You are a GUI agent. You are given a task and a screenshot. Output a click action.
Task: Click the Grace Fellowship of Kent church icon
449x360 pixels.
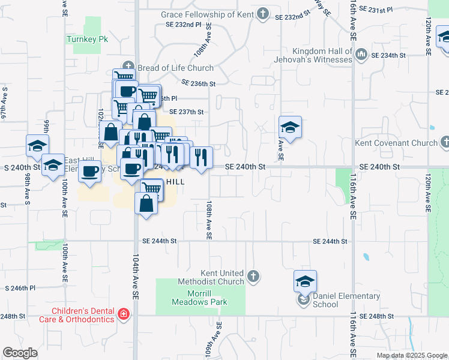point(263,14)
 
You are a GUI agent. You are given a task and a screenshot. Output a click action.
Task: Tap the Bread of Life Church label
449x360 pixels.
point(175,68)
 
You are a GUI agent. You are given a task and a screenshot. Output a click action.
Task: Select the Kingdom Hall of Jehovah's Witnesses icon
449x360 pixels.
point(361,55)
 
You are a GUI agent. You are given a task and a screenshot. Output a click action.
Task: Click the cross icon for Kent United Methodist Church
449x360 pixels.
point(253,277)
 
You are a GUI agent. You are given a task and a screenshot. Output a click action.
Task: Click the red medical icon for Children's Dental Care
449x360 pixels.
point(124,314)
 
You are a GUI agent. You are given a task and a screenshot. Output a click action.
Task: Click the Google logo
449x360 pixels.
point(20,353)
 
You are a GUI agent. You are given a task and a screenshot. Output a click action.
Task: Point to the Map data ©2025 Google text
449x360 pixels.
point(411,355)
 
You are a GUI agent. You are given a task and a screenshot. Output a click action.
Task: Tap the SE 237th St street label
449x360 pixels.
point(187,112)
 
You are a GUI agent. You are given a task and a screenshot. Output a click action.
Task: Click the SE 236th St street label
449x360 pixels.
point(197,83)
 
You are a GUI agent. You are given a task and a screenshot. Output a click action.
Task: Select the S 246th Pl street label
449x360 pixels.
point(25,288)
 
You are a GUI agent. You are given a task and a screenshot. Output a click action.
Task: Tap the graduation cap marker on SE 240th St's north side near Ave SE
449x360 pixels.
point(290,128)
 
